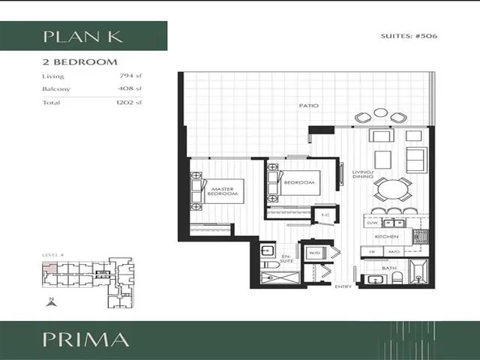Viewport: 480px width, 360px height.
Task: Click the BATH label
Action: tap(388, 268)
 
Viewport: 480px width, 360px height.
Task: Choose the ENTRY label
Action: tap(343, 286)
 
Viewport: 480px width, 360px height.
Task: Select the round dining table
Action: tap(382, 188)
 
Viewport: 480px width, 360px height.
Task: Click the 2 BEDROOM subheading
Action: tap(80, 61)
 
